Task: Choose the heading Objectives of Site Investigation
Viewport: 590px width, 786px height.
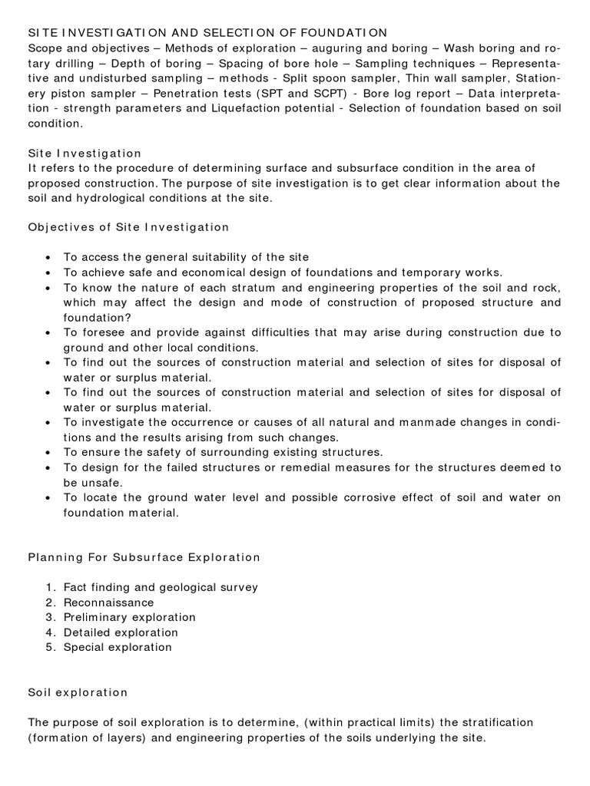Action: point(128,226)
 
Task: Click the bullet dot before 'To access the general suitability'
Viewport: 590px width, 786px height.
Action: point(49,257)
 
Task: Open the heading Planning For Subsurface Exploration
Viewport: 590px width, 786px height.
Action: point(144,556)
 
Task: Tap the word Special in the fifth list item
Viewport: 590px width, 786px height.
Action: point(86,647)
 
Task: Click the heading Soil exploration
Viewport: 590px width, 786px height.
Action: point(78,692)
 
